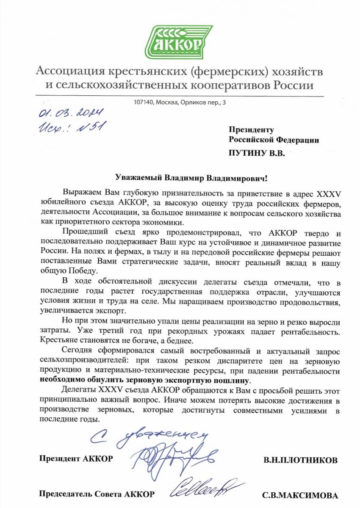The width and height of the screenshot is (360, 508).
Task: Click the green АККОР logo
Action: (x=180, y=42)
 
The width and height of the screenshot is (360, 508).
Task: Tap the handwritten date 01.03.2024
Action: (x=71, y=113)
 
